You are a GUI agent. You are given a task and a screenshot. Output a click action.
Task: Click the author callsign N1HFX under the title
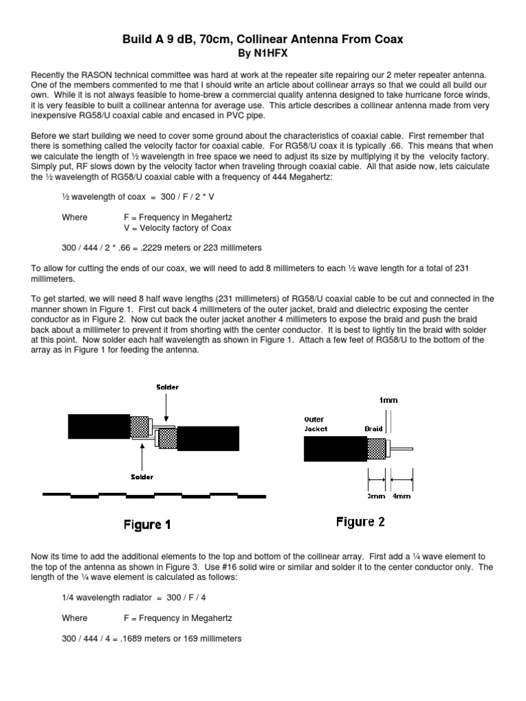click(269, 52)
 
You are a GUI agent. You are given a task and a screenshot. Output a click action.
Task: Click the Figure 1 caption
click(147, 525)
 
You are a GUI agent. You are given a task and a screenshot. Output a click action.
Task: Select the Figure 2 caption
click(360, 522)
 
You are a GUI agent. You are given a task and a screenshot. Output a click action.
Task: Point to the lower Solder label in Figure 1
click(142, 476)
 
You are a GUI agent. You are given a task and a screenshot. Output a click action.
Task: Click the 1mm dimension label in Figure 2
click(389, 401)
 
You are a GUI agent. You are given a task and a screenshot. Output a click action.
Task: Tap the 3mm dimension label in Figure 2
click(376, 496)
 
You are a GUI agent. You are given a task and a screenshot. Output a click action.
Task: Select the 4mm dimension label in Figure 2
click(401, 496)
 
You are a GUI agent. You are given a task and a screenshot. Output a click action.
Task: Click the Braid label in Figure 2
click(374, 429)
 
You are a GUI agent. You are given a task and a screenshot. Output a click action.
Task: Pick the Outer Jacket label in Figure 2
click(316, 424)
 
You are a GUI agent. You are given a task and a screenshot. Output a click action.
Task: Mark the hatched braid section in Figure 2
click(376, 448)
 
